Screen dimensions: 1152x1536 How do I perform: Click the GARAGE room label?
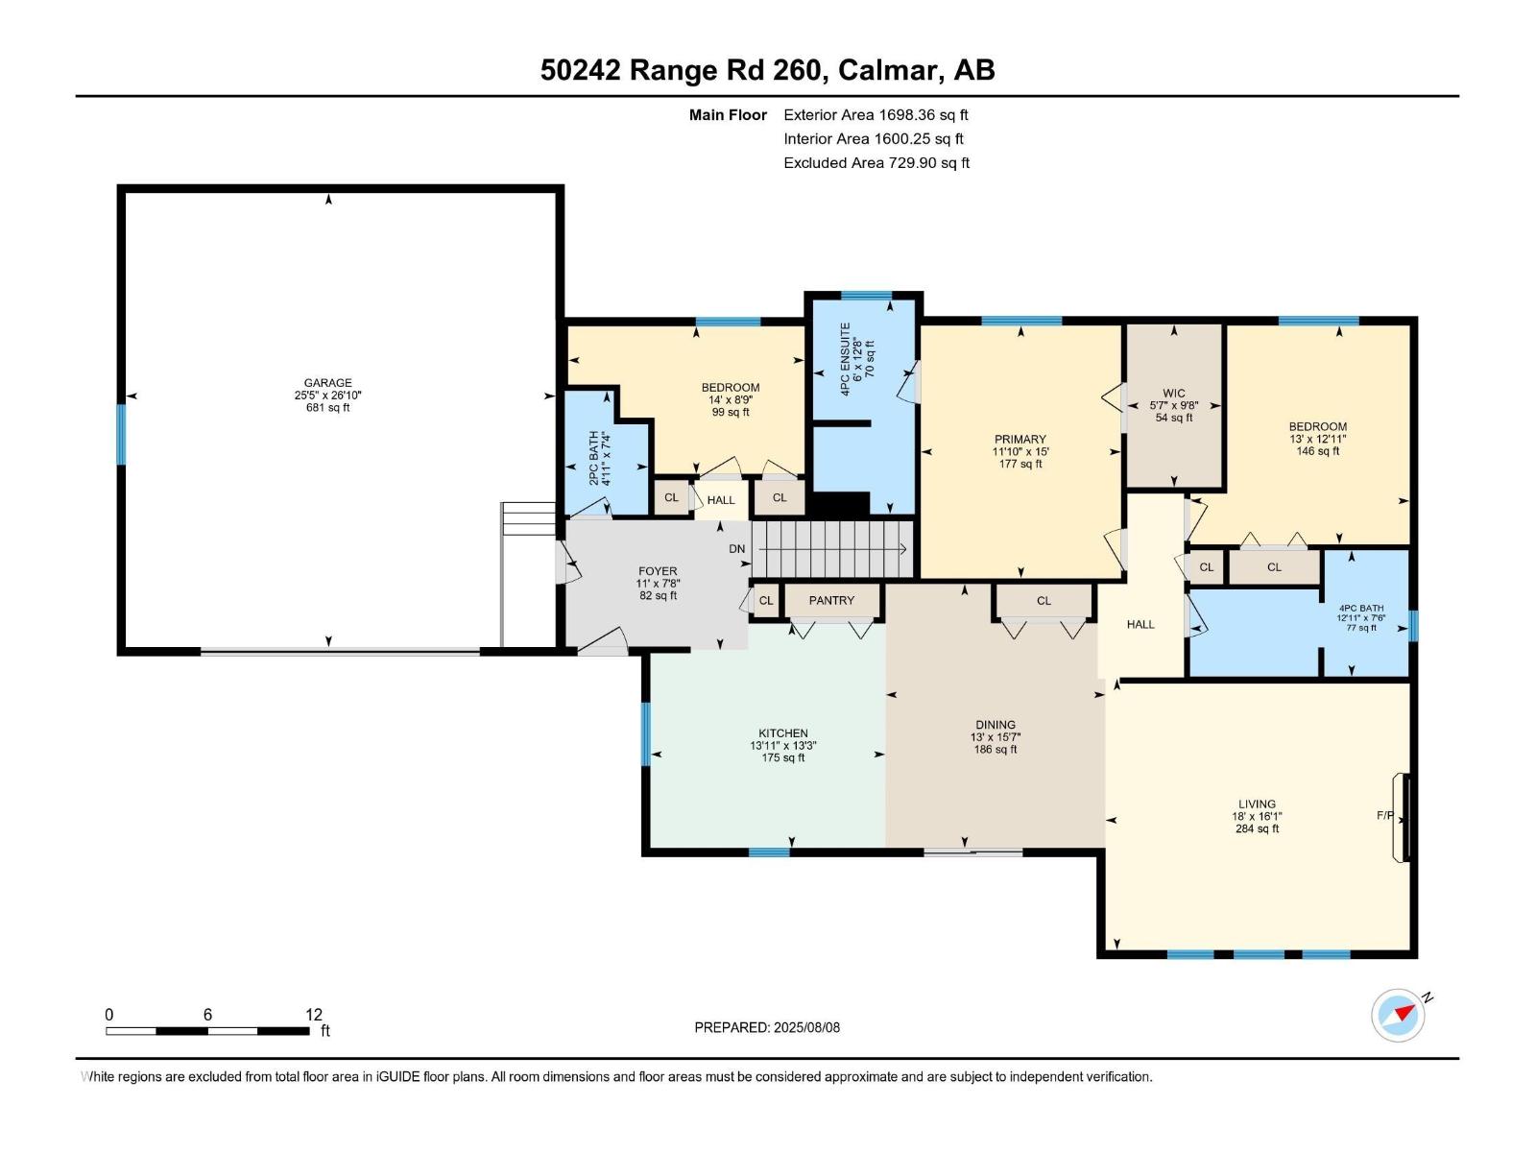(x=328, y=382)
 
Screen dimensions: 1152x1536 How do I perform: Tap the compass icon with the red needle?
(x=1398, y=1015)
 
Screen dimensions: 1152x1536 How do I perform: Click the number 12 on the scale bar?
(x=314, y=1015)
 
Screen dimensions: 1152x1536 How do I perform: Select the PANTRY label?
(x=831, y=600)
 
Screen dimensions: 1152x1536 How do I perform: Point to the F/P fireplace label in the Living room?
(x=1385, y=815)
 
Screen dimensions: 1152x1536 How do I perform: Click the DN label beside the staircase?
(x=736, y=549)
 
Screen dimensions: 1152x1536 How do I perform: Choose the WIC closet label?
(x=1173, y=393)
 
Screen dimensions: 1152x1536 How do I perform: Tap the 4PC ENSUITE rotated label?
(x=846, y=359)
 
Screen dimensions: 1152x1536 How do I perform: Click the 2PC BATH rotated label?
(x=594, y=457)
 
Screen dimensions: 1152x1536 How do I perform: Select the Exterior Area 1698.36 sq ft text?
(x=876, y=114)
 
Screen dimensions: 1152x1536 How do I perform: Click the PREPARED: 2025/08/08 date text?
(x=767, y=1027)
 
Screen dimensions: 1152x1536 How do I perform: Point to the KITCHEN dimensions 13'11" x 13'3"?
(x=783, y=745)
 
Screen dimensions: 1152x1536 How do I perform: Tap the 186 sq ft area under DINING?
(x=996, y=749)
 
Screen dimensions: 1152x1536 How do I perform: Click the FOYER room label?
(x=658, y=571)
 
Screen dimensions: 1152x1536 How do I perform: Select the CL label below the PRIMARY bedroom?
(x=1044, y=601)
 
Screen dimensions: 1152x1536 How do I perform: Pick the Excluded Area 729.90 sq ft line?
(x=876, y=162)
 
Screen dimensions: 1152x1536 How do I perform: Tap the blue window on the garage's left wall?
(x=121, y=434)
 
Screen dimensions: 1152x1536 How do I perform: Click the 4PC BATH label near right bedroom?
(x=1361, y=608)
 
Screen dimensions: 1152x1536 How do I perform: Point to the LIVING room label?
(x=1257, y=804)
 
